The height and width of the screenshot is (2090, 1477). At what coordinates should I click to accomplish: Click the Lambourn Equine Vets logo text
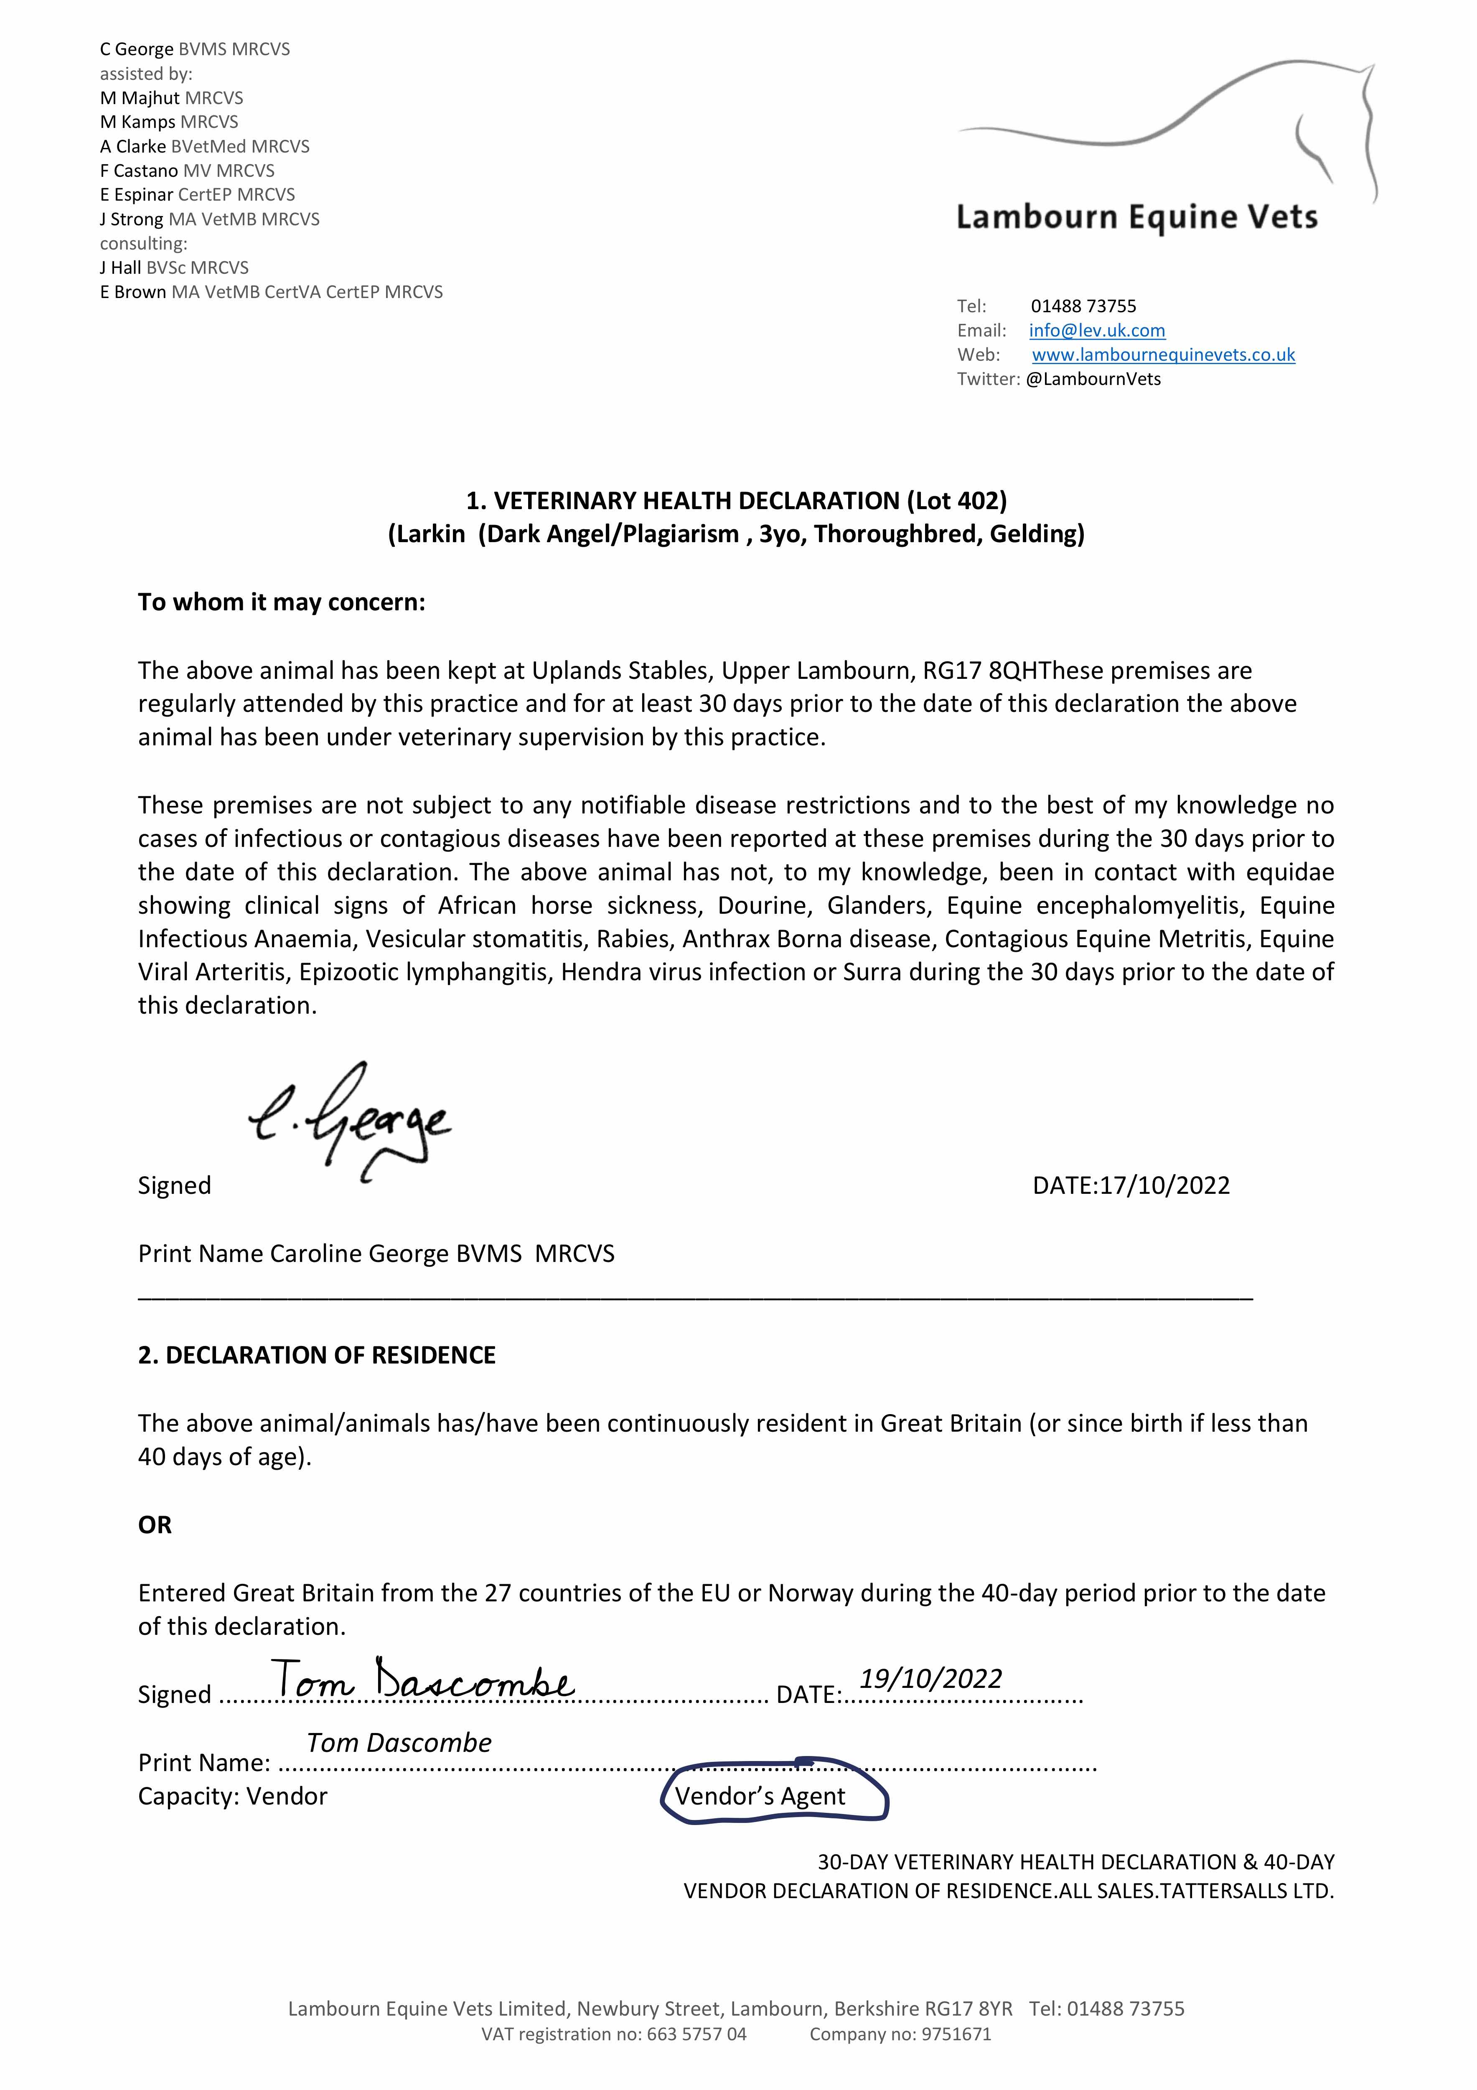pos(1136,217)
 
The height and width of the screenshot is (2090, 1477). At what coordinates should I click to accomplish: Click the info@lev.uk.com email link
pos(1097,331)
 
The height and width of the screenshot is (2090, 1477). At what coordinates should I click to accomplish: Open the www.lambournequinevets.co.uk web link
pos(1163,355)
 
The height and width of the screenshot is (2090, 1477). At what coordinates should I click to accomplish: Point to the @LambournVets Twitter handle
pos(1093,380)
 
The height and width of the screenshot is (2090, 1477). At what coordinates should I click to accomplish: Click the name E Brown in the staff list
pos(133,292)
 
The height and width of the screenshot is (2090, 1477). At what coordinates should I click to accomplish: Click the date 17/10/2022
pos(1165,1185)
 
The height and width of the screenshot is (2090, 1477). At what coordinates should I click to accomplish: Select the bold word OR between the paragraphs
pos(155,1525)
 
